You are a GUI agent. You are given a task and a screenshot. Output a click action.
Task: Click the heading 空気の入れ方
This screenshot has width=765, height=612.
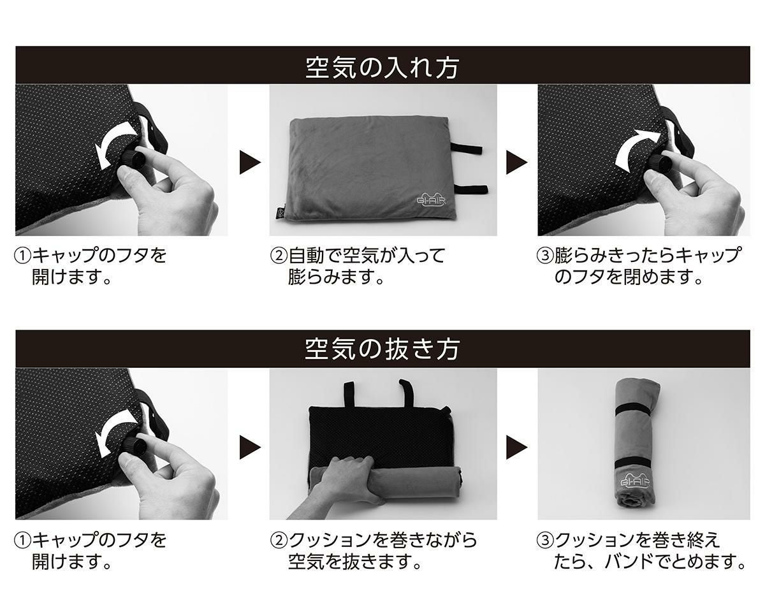point(382,66)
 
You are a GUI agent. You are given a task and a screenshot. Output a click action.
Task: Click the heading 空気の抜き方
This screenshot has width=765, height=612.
point(382,349)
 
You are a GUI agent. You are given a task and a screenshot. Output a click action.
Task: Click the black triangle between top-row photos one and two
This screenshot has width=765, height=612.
point(249,162)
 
